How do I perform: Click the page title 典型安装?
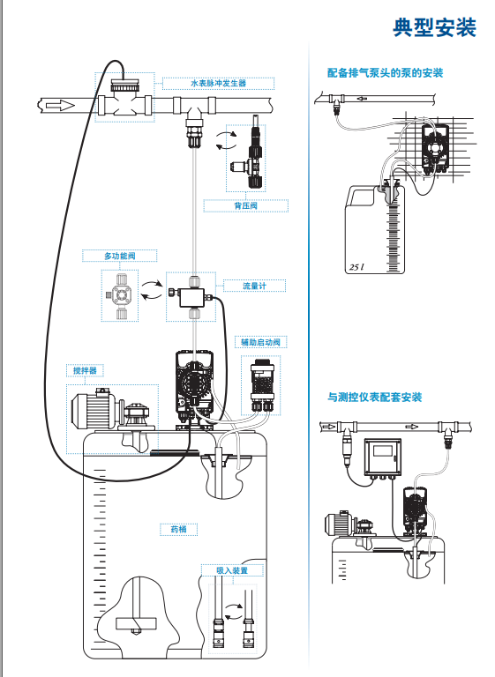coord(434,27)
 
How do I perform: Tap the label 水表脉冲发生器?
coord(218,84)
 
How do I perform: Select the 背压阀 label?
coord(245,206)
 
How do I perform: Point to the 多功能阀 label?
coord(119,256)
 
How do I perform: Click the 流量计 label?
coord(254,286)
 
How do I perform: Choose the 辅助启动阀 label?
coord(260,342)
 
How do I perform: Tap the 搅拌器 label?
coord(85,370)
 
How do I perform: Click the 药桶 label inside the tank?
coord(178,529)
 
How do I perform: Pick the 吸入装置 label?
coord(232,570)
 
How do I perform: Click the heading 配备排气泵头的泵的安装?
coord(385,73)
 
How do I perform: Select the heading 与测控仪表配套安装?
coord(374,398)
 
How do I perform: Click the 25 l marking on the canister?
coord(356,267)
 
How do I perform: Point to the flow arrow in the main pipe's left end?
coord(60,106)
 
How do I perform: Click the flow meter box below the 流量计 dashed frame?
coord(194,297)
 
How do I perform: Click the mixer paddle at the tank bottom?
coord(136,623)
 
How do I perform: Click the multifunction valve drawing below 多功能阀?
coord(120,295)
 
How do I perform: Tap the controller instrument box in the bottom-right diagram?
coord(383,457)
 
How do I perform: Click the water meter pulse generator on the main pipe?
coord(124,100)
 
